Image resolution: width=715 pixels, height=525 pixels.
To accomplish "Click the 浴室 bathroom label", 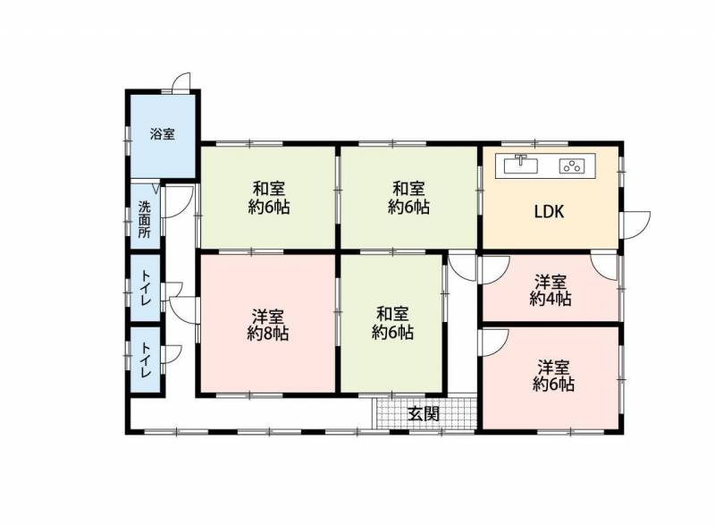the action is tap(163, 134).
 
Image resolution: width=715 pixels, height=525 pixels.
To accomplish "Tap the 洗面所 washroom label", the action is tap(145, 219).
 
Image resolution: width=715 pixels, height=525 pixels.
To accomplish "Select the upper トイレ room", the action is tap(146, 287).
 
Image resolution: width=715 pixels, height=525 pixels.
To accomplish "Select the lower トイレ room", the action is tap(146, 360).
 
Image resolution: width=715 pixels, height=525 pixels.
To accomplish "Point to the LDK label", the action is tap(549, 212).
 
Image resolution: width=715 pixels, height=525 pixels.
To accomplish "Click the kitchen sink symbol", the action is tap(521, 165).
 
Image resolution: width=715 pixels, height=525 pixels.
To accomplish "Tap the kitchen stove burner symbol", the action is tap(572, 165).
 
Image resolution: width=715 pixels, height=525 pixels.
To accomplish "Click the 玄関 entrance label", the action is tap(424, 414).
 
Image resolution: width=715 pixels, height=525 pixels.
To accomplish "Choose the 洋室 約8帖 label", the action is tap(267, 325).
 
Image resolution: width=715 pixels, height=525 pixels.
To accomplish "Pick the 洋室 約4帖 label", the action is tap(551, 290).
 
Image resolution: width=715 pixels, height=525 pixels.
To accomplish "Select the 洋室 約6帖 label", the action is tap(553, 376).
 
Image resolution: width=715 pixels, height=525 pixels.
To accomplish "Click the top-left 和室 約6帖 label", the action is tap(269, 198).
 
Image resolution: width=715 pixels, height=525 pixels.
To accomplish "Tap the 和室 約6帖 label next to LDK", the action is tap(408, 198).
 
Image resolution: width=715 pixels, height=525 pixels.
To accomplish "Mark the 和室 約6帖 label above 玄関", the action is tap(392, 324).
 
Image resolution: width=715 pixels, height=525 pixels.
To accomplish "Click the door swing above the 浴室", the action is tap(182, 82).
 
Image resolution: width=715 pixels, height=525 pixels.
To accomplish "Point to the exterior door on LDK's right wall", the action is tap(636, 224).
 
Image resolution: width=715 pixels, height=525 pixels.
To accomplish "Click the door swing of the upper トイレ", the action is tap(173, 291).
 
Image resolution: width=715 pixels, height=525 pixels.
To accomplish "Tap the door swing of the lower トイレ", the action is tap(173, 354).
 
